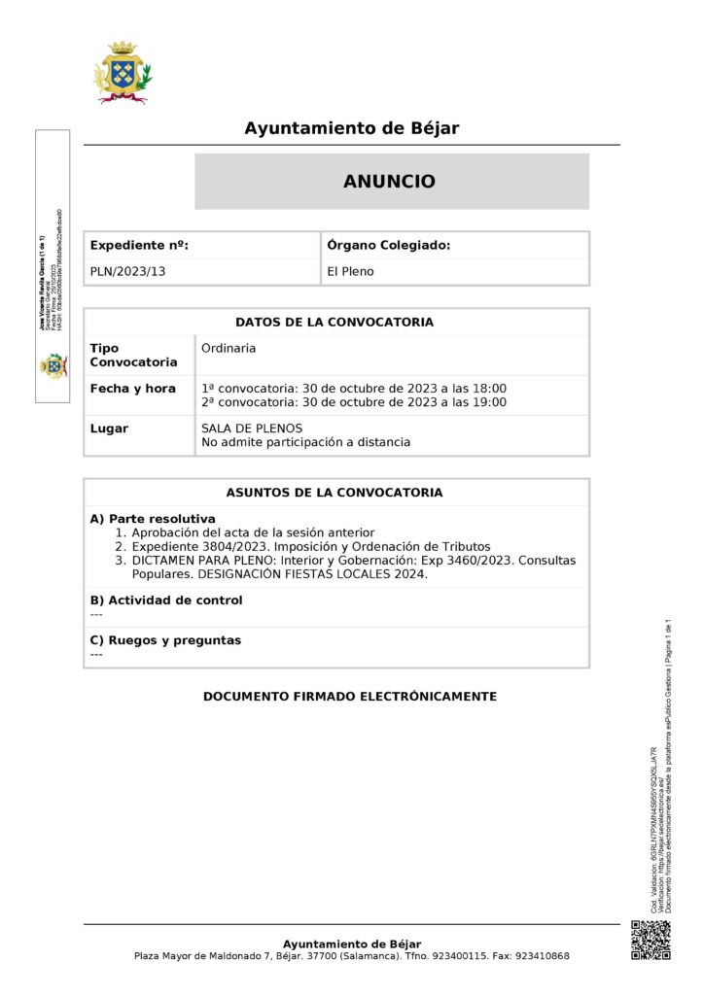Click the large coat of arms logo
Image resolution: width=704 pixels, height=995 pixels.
[122, 72]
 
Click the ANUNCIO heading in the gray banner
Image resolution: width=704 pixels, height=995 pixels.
[390, 182]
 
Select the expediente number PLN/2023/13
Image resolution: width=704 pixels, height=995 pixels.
[128, 272]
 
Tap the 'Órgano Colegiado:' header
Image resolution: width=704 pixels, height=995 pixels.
[389, 246]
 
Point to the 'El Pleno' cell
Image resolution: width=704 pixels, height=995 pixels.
[350, 272]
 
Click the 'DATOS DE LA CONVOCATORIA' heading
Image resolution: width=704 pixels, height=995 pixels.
[334, 323]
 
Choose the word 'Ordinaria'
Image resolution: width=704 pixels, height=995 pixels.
[229, 348]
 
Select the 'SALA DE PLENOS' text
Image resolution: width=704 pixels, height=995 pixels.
[252, 429]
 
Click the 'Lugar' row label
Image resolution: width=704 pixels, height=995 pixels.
[109, 429]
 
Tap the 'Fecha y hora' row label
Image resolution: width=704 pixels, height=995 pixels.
[133, 389]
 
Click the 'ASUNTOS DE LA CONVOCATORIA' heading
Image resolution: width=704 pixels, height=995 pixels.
[334, 493]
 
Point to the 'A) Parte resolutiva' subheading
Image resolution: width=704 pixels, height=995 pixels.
[153, 519]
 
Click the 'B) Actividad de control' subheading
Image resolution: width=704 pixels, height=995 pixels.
[166, 600]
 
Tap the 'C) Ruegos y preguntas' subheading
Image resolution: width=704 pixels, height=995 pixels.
[165, 640]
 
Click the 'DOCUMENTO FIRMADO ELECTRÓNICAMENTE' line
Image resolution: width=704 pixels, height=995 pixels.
[350, 697]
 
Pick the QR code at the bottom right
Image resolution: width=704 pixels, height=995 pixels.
[651, 940]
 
